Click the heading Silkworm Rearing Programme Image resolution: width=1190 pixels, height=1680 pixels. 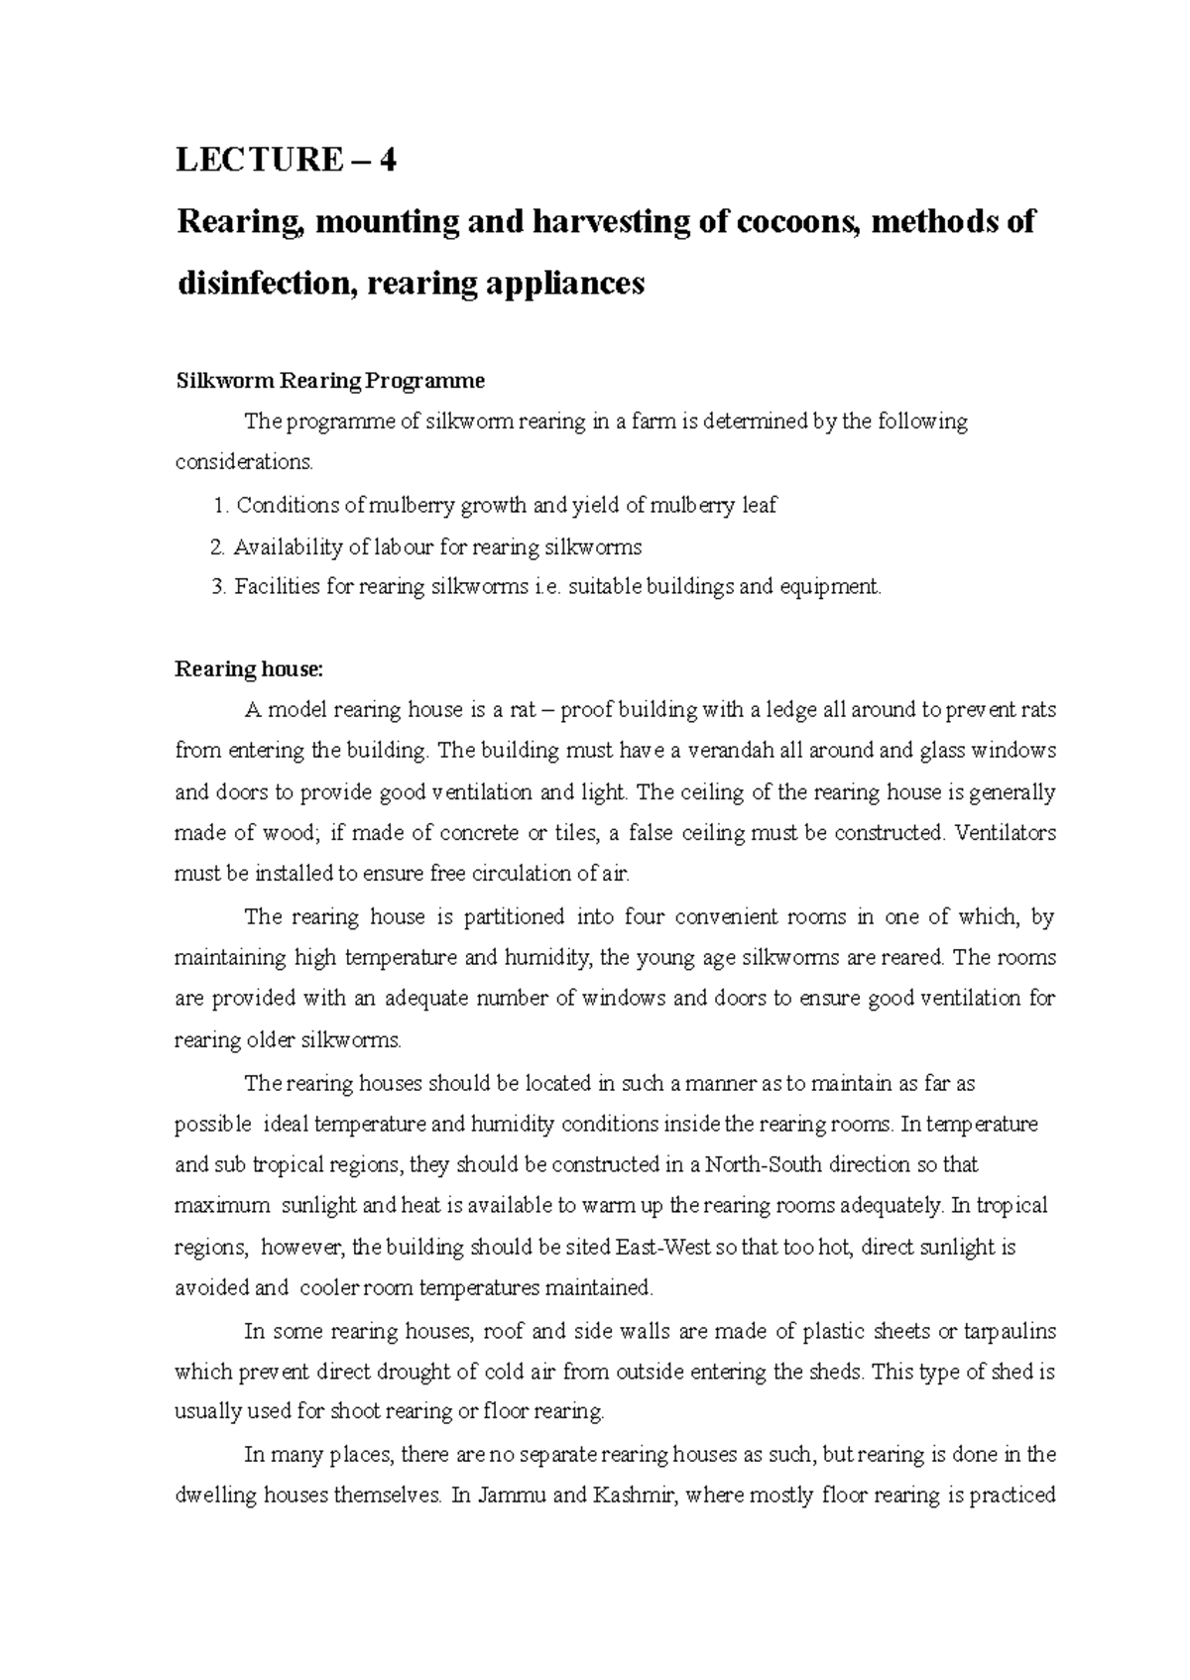[x=330, y=380]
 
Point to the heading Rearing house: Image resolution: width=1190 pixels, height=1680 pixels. [x=249, y=668]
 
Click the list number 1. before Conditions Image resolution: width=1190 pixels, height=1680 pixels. [x=220, y=505]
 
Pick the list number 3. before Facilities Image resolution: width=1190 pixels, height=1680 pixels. [x=220, y=586]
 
